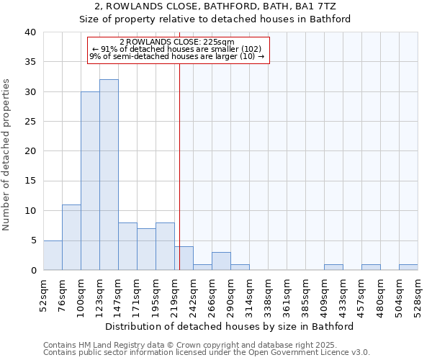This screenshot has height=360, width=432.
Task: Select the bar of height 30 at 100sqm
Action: point(90,181)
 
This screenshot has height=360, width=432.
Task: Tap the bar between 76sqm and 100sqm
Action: point(71,238)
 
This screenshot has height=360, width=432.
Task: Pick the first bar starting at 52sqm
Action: point(53,255)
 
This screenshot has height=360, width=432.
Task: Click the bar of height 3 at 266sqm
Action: point(221,261)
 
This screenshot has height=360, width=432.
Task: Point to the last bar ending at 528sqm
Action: point(408,267)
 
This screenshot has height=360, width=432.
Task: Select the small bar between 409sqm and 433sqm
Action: point(333,267)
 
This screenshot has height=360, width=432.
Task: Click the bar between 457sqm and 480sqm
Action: point(371,267)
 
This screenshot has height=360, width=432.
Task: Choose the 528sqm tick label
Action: point(418,294)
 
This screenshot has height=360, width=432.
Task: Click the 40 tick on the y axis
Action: point(30,32)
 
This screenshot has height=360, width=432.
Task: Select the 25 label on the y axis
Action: point(30,122)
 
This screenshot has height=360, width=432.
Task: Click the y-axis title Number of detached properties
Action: point(6,151)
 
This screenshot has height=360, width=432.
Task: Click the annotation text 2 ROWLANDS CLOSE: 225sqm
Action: point(177,42)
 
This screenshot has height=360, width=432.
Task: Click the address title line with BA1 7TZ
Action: point(215,6)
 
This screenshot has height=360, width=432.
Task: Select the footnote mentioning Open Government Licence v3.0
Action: point(207,352)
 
